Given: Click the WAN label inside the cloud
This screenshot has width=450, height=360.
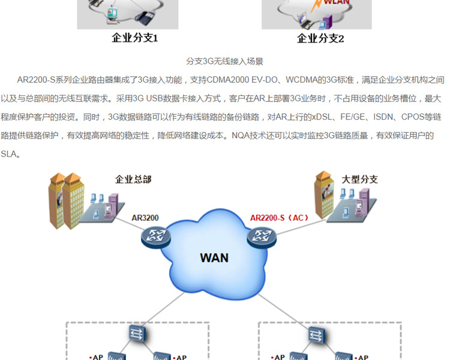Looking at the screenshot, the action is (x=214, y=258).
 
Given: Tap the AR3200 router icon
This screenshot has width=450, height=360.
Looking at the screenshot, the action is (x=156, y=236).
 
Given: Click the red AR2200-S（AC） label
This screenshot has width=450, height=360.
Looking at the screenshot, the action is (x=279, y=218).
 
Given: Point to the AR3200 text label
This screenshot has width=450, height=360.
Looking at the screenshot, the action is (x=145, y=218).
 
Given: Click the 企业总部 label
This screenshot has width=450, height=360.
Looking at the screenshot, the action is (x=133, y=179).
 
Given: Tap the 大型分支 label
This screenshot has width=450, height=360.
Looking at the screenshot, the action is (x=360, y=179).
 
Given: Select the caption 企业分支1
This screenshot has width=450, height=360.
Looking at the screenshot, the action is (x=135, y=38).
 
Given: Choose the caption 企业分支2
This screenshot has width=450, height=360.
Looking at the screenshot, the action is (x=321, y=38).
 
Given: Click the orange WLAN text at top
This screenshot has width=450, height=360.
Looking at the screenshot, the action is (x=337, y=2).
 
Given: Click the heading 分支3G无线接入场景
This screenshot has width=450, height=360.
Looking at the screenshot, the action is (x=225, y=61).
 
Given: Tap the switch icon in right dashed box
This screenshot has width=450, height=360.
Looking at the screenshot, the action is (x=315, y=334).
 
